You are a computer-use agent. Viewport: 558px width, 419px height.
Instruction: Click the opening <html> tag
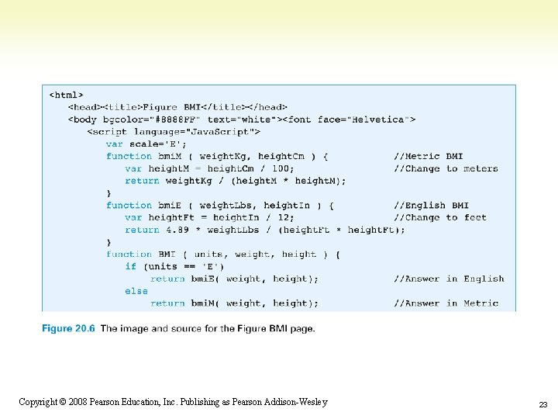[66, 95]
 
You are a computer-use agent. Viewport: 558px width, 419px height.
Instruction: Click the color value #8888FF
[176, 119]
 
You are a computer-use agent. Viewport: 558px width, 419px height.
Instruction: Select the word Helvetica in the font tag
[378, 119]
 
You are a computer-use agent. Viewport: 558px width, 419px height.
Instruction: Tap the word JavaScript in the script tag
[219, 132]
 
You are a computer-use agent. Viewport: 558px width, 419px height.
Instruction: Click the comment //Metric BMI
[429, 157]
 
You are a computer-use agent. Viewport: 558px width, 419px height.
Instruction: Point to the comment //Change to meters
[446, 168]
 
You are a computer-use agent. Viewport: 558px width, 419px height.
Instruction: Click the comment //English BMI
[432, 206]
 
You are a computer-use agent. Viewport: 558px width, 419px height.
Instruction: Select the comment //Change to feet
[440, 218]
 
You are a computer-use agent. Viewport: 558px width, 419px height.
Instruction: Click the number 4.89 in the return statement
[177, 230]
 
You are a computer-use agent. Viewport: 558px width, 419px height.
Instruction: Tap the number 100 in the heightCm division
[283, 168]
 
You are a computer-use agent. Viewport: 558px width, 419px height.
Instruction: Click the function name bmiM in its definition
[170, 157]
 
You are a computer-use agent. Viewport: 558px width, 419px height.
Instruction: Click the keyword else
[136, 291]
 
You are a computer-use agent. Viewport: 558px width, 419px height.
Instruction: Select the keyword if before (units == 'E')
[131, 266]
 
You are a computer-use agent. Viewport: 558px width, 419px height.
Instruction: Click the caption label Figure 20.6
[68, 328]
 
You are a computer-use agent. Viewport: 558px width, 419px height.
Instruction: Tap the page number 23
[543, 405]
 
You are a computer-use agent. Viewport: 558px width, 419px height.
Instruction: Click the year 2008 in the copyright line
[78, 402]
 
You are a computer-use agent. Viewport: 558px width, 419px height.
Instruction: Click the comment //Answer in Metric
[446, 303]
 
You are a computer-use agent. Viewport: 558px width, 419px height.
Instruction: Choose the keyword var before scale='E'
[114, 144]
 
